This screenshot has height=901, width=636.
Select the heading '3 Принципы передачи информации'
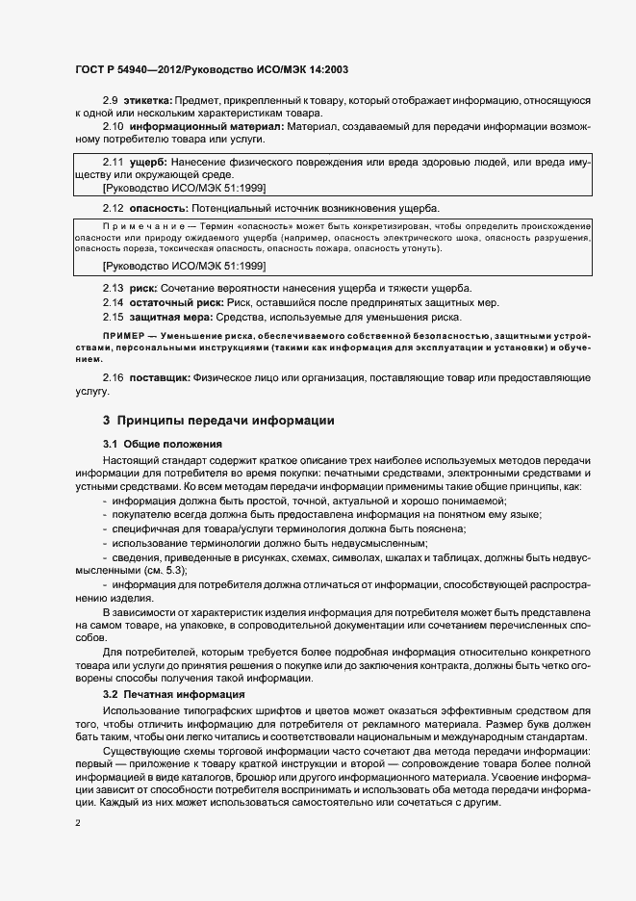(218, 421)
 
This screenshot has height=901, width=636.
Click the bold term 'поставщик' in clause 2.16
(160, 379)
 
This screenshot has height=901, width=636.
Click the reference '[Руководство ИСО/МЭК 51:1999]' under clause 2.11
(184, 188)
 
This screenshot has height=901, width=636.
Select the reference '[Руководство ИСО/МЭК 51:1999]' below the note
(184, 265)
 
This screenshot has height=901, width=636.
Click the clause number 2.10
(114, 126)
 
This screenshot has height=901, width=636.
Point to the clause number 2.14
(114, 302)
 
